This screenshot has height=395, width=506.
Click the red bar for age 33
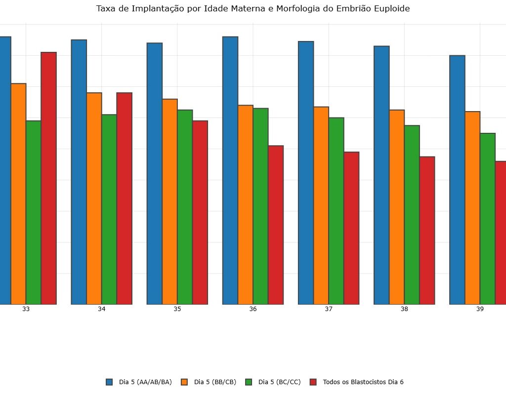49,178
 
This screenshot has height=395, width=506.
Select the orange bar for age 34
94,198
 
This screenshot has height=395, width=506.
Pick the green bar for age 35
185,207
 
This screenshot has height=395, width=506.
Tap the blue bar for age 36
230,170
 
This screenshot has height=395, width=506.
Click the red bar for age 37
351,228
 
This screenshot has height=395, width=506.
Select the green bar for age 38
412,215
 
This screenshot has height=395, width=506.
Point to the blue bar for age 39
457,180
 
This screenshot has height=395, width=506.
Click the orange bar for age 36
246,204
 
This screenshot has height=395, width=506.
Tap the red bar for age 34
125,198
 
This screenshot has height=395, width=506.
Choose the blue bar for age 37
306,172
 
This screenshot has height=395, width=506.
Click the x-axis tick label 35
177,309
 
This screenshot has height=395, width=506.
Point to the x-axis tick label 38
404,309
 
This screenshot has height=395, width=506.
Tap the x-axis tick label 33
26,309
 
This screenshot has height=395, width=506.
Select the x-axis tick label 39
480,309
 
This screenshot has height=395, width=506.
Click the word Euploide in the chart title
391,9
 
